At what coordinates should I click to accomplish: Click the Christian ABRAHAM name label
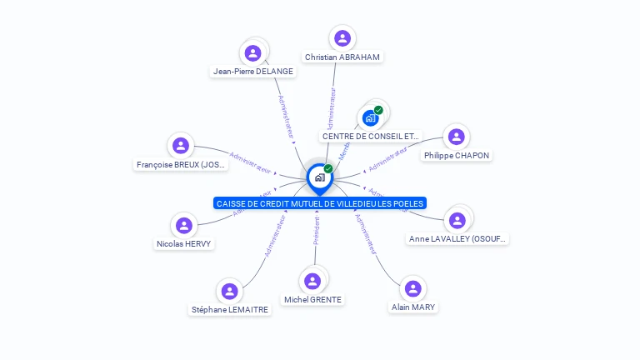[x=342, y=57]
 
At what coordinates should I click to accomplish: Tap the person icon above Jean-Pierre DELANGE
[x=252, y=53]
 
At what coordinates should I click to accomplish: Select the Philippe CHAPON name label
[x=457, y=155]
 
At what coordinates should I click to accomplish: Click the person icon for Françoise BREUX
[x=181, y=146]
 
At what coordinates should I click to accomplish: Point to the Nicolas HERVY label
[x=184, y=244]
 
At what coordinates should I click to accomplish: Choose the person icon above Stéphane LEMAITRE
[x=229, y=291]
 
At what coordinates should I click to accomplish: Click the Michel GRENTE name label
[x=312, y=299]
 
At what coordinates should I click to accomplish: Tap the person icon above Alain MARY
[x=412, y=288]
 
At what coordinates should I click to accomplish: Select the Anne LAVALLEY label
[x=457, y=239]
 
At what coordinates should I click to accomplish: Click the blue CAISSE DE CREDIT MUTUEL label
[x=320, y=203]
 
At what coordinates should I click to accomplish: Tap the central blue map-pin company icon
[x=319, y=177]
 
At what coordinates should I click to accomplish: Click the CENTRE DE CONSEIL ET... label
[x=371, y=136]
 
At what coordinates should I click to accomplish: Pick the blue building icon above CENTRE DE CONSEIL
[x=371, y=117]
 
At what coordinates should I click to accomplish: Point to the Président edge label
[x=316, y=230]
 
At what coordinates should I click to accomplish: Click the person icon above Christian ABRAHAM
[x=342, y=37]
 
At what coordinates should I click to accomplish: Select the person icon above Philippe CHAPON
[x=456, y=137]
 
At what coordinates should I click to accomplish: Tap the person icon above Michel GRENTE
[x=312, y=281]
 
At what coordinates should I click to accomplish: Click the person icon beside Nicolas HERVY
[x=184, y=225]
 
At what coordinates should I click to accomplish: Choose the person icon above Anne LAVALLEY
[x=457, y=220]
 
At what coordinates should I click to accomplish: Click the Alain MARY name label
[x=413, y=307]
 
